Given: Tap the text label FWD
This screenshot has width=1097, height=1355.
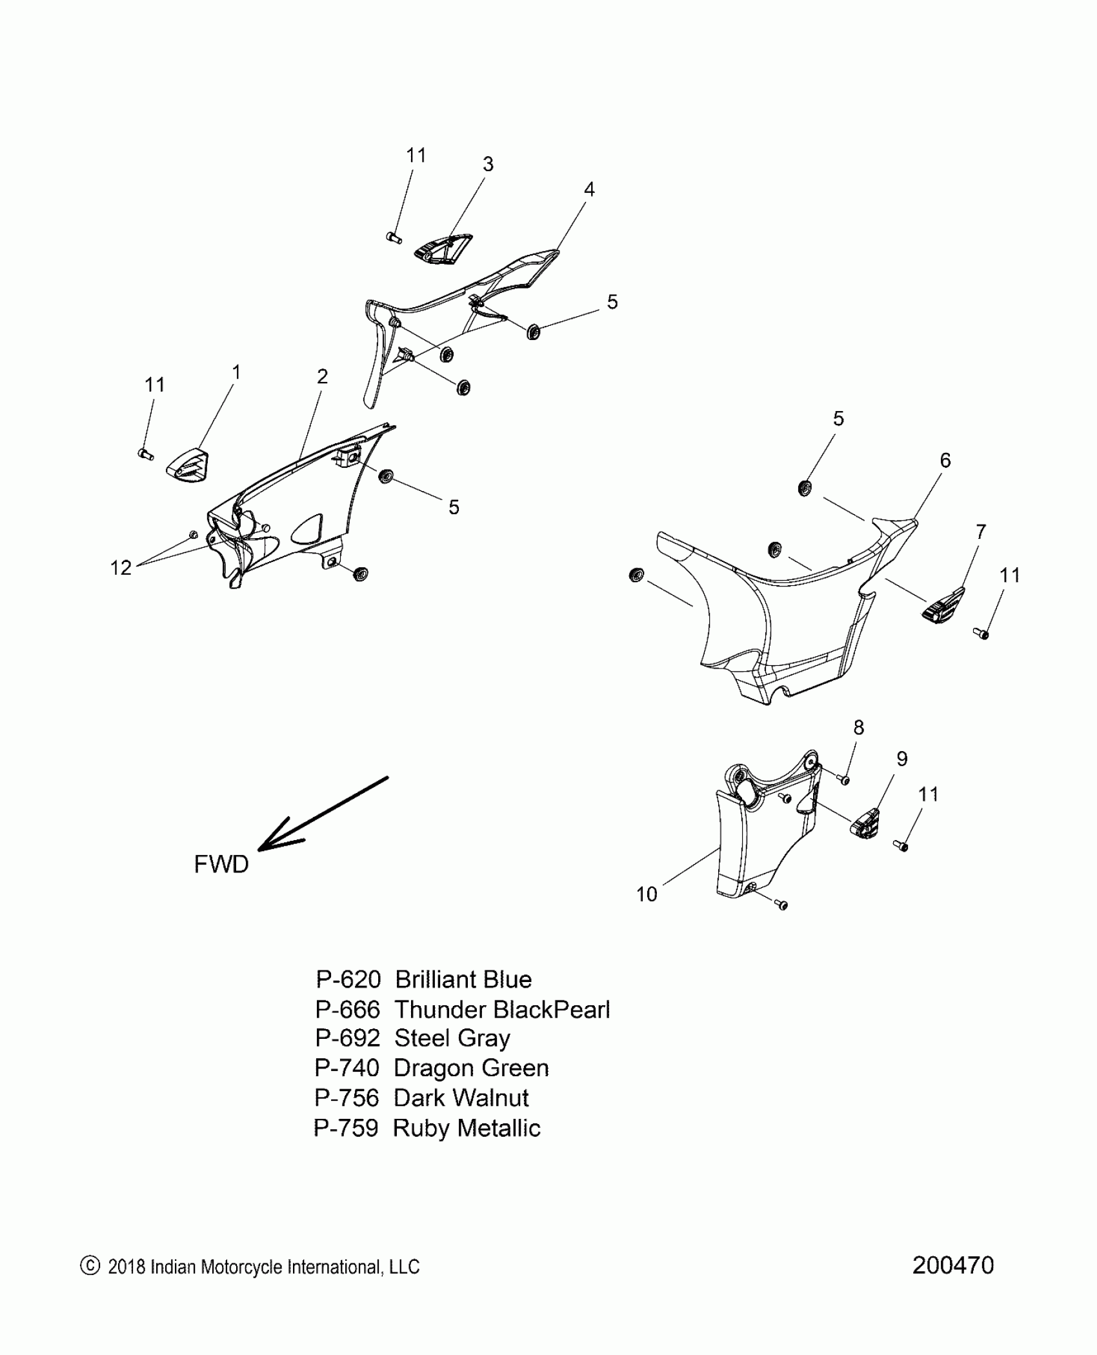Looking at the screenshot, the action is (221, 864).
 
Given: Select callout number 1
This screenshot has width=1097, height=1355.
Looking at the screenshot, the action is (236, 372).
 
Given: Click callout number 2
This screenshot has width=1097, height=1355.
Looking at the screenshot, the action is (323, 376).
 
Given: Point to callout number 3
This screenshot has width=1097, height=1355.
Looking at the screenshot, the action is (488, 165).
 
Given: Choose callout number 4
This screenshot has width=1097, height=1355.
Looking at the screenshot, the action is (589, 189).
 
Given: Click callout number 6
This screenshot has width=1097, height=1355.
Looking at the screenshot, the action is (945, 460).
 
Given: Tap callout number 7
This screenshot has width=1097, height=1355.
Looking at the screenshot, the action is (981, 532).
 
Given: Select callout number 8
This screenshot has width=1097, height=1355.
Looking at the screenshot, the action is (858, 727).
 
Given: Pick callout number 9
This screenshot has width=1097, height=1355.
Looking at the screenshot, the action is (902, 759).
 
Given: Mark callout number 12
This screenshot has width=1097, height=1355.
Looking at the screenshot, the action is (121, 567).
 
